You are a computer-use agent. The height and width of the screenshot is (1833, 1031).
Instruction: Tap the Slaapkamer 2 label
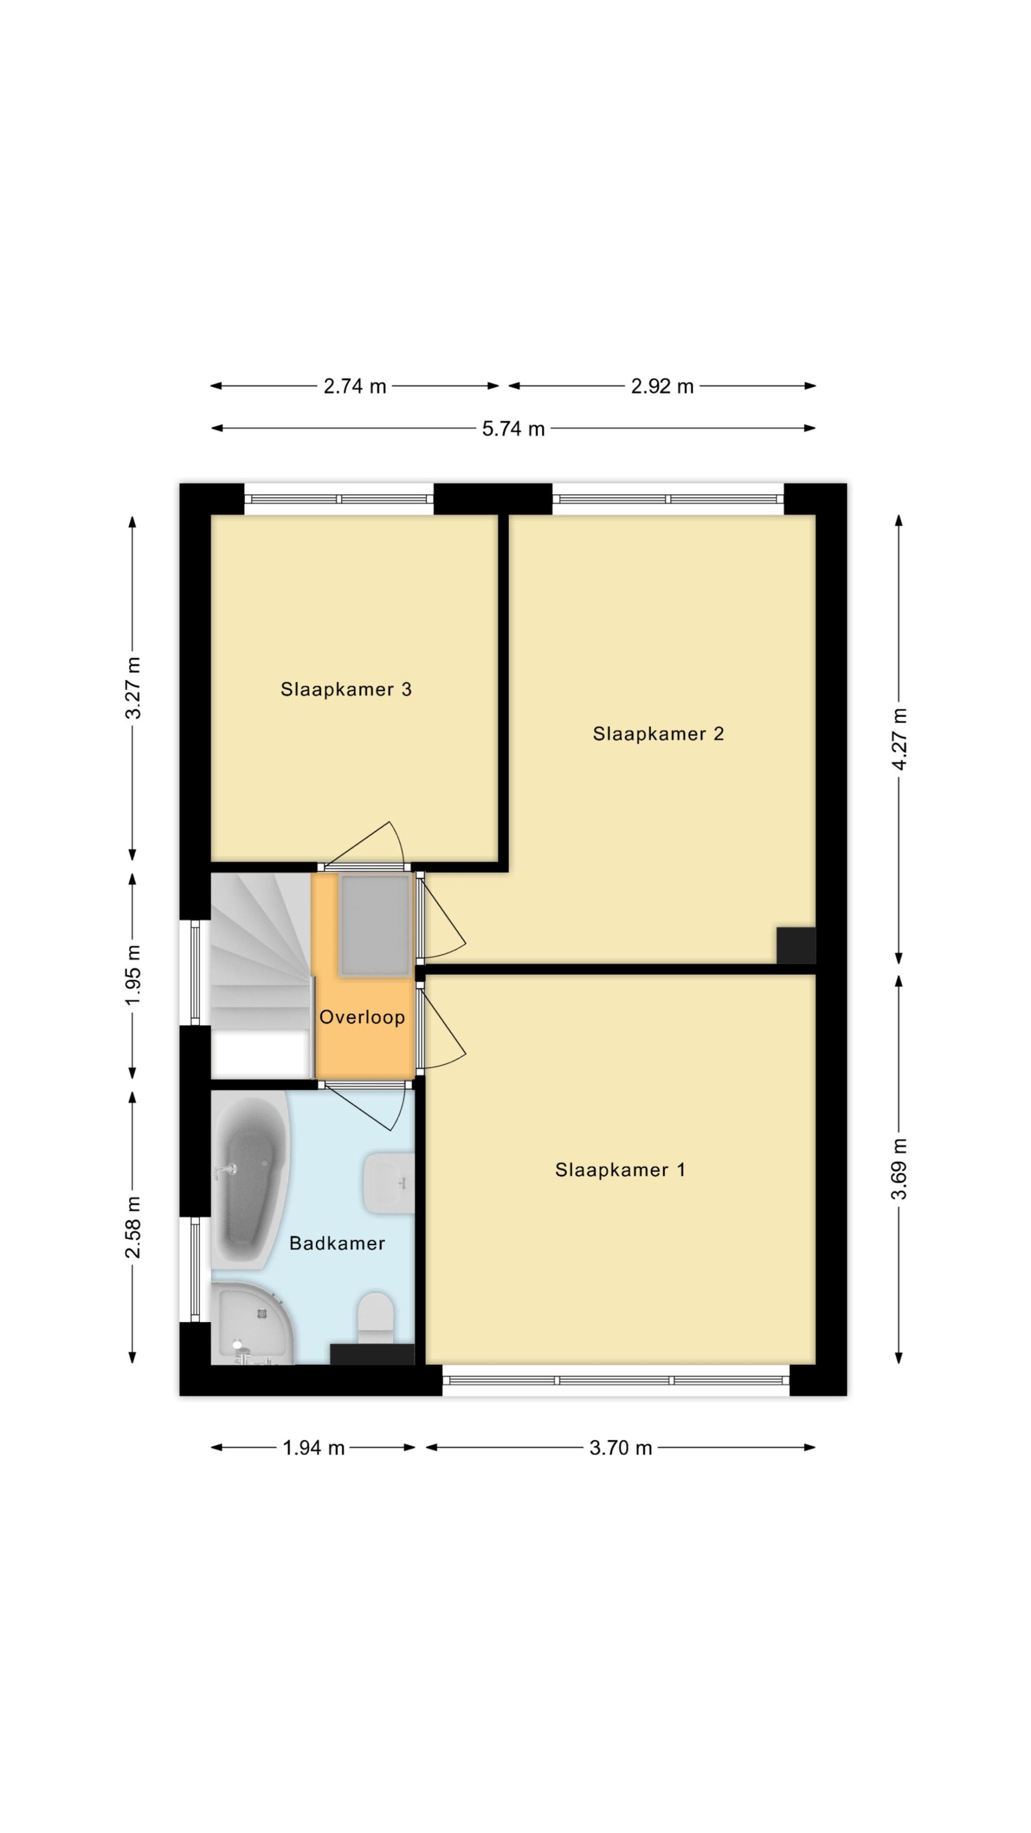pos(658,734)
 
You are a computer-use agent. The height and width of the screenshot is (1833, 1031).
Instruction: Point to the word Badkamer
pos(337,1243)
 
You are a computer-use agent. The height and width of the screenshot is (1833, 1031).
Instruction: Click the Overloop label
pos(362,1017)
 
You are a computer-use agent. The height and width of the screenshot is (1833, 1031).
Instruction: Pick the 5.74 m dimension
pos(513,428)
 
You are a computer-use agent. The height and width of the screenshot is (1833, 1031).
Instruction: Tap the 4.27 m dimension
pos(900,739)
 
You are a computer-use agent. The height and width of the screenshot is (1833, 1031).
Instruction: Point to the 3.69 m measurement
pos(900,1169)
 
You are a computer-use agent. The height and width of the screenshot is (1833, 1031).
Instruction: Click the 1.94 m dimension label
pos(314,1447)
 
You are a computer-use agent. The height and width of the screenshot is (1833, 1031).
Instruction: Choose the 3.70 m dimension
pos(621,1447)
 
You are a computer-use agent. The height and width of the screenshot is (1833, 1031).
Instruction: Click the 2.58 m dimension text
pos(133,1227)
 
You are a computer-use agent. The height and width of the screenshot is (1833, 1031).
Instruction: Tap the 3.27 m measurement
pos(133,688)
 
